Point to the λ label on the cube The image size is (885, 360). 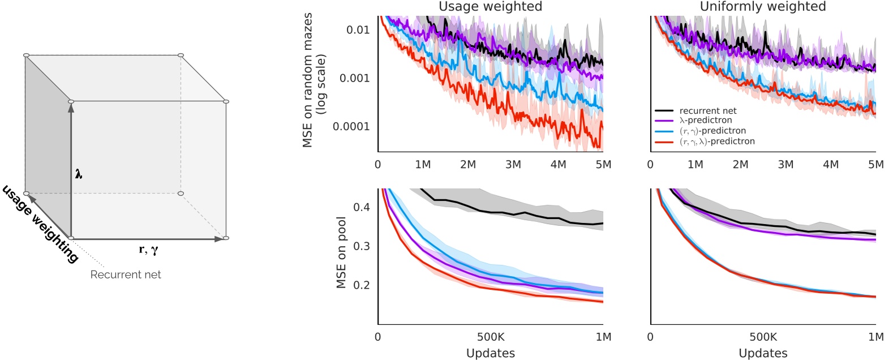click(79, 175)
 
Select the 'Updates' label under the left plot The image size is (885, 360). click(490, 353)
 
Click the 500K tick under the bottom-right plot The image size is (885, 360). click(763, 336)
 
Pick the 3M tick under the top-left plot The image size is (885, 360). click(513, 164)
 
